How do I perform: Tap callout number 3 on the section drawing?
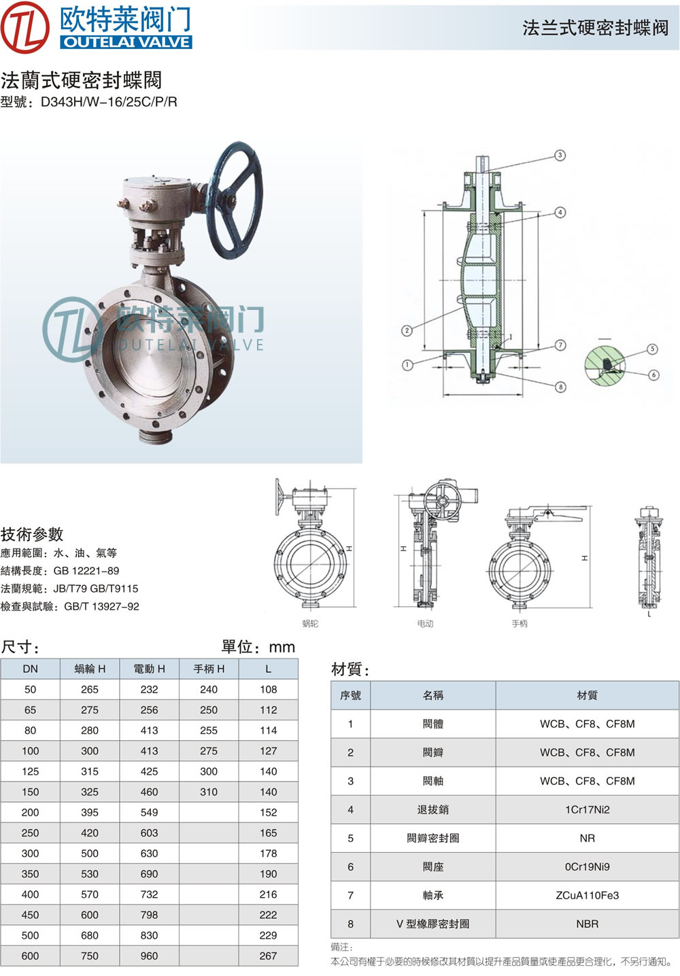[x=560, y=155]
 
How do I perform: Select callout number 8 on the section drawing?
[x=560, y=387]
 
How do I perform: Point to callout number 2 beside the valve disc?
[x=407, y=330]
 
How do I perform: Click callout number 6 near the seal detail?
[x=653, y=374]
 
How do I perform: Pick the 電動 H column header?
[x=149, y=669]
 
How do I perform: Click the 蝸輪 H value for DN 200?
[x=90, y=812]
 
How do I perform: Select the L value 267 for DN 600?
[x=268, y=956]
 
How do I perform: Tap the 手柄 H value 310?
[x=209, y=792]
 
